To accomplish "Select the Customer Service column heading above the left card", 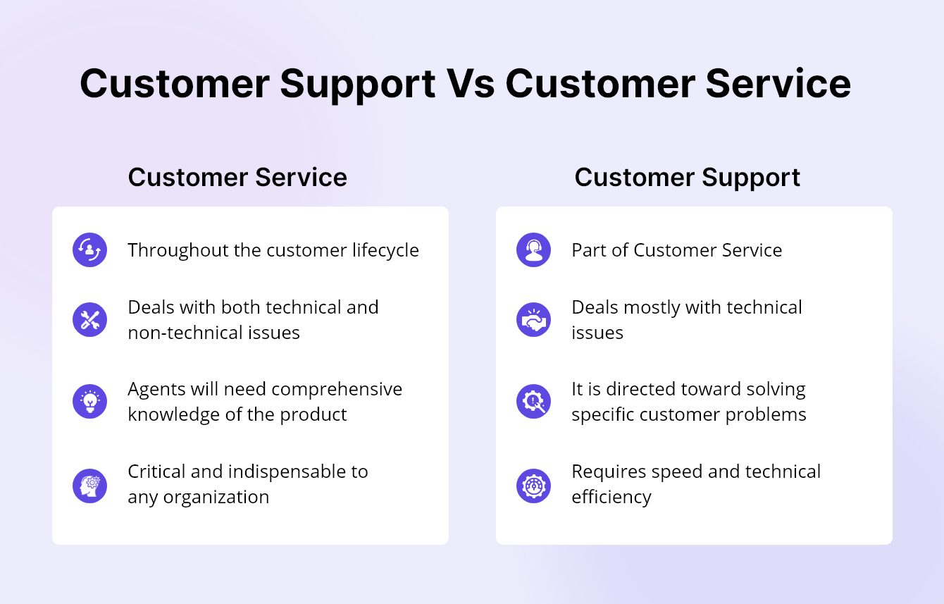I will point(237,177).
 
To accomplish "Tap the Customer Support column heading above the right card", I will point(687,177).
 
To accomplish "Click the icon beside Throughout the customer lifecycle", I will point(89,250).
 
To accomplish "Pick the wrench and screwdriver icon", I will point(89,320).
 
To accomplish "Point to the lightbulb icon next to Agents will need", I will point(89,402).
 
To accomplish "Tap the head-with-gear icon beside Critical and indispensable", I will point(89,485).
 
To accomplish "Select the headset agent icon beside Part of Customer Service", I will point(533,250).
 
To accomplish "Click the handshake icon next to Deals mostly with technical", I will point(533,320).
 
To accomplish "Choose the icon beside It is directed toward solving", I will point(533,402).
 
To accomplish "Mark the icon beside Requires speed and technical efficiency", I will point(533,485).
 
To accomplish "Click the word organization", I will point(216,498).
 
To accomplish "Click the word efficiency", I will point(611,498).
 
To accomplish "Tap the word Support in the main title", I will point(358,84).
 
